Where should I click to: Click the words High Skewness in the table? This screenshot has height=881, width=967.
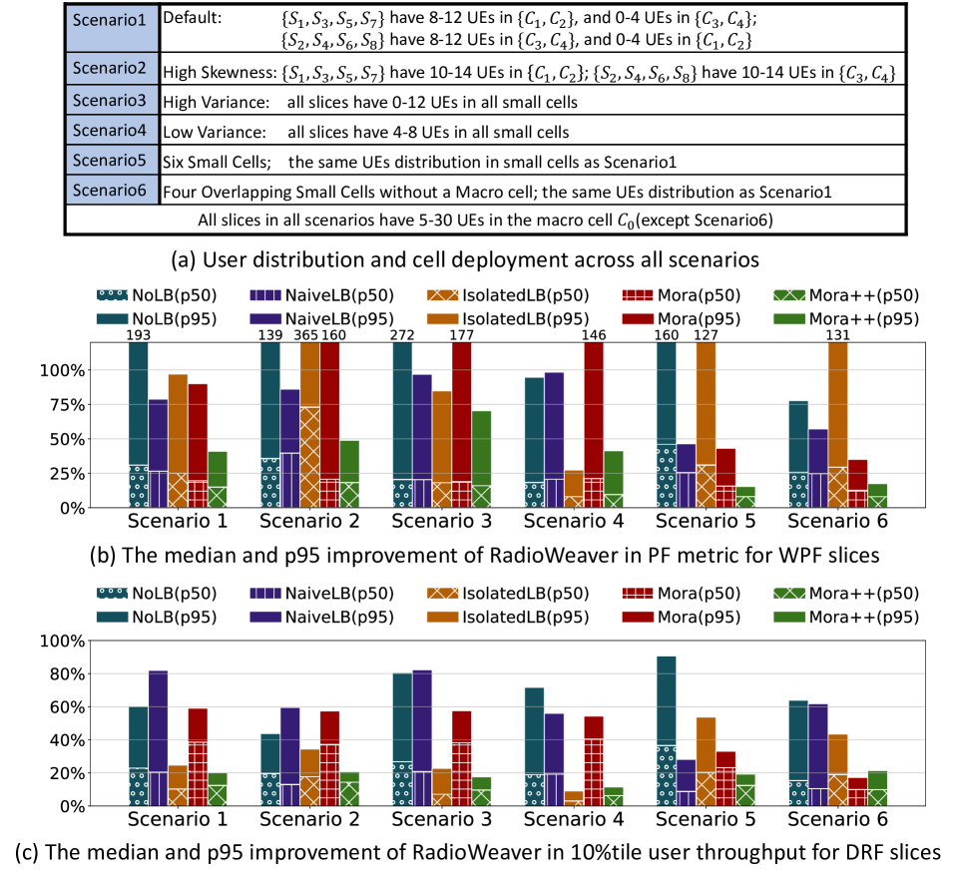click(220, 73)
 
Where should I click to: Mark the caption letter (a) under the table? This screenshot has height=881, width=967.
click(186, 261)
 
